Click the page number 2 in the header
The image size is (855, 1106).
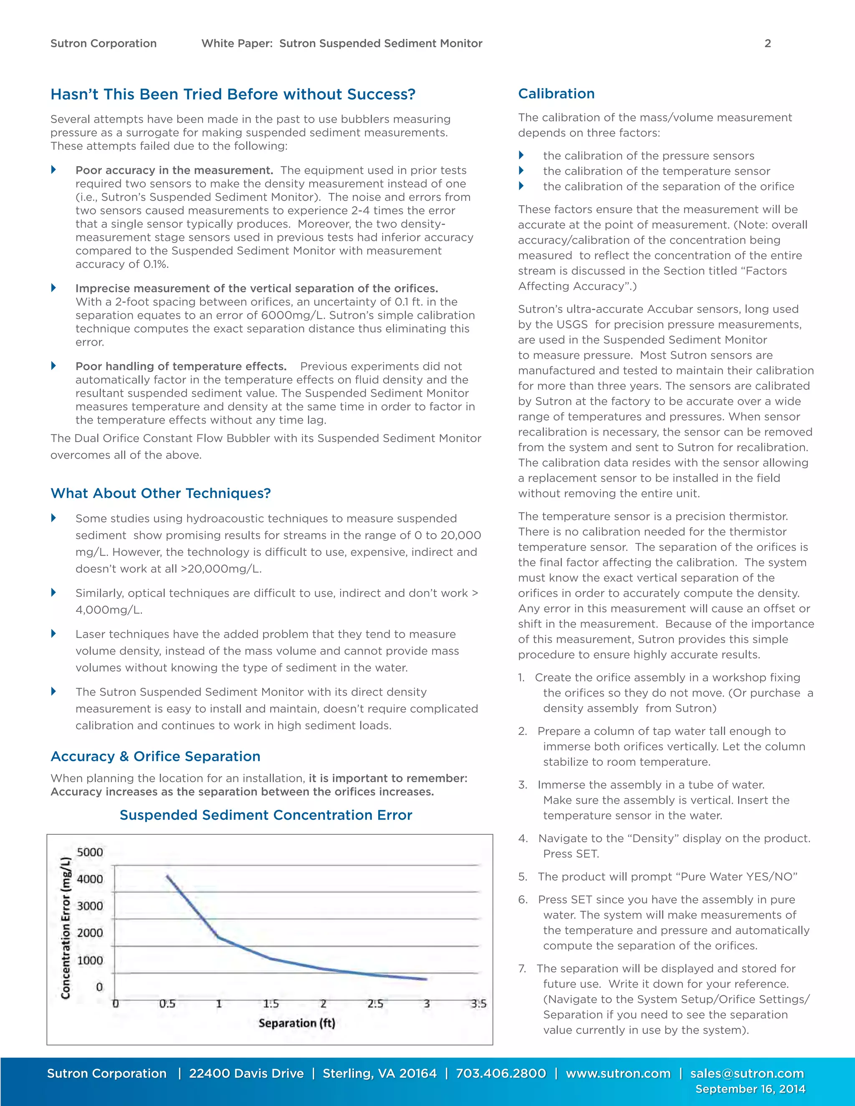767,43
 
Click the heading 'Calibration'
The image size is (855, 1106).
556,93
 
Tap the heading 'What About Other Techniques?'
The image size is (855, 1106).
161,493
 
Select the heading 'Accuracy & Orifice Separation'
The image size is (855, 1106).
155,756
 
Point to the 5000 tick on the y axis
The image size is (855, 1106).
90,852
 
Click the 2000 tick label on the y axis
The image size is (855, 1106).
90,933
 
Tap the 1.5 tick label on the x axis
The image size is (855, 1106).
271,1004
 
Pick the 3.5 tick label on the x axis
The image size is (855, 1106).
478,1004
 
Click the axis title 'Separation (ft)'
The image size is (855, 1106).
297,1023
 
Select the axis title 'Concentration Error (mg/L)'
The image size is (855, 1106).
66,928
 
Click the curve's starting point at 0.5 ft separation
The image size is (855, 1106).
167,876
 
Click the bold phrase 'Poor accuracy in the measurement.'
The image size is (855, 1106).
174,170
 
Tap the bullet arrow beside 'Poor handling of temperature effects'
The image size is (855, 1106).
54,366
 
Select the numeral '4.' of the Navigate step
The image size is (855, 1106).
523,838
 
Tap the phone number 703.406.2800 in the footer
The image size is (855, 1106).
501,1073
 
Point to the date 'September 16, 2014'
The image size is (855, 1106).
750,1089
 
